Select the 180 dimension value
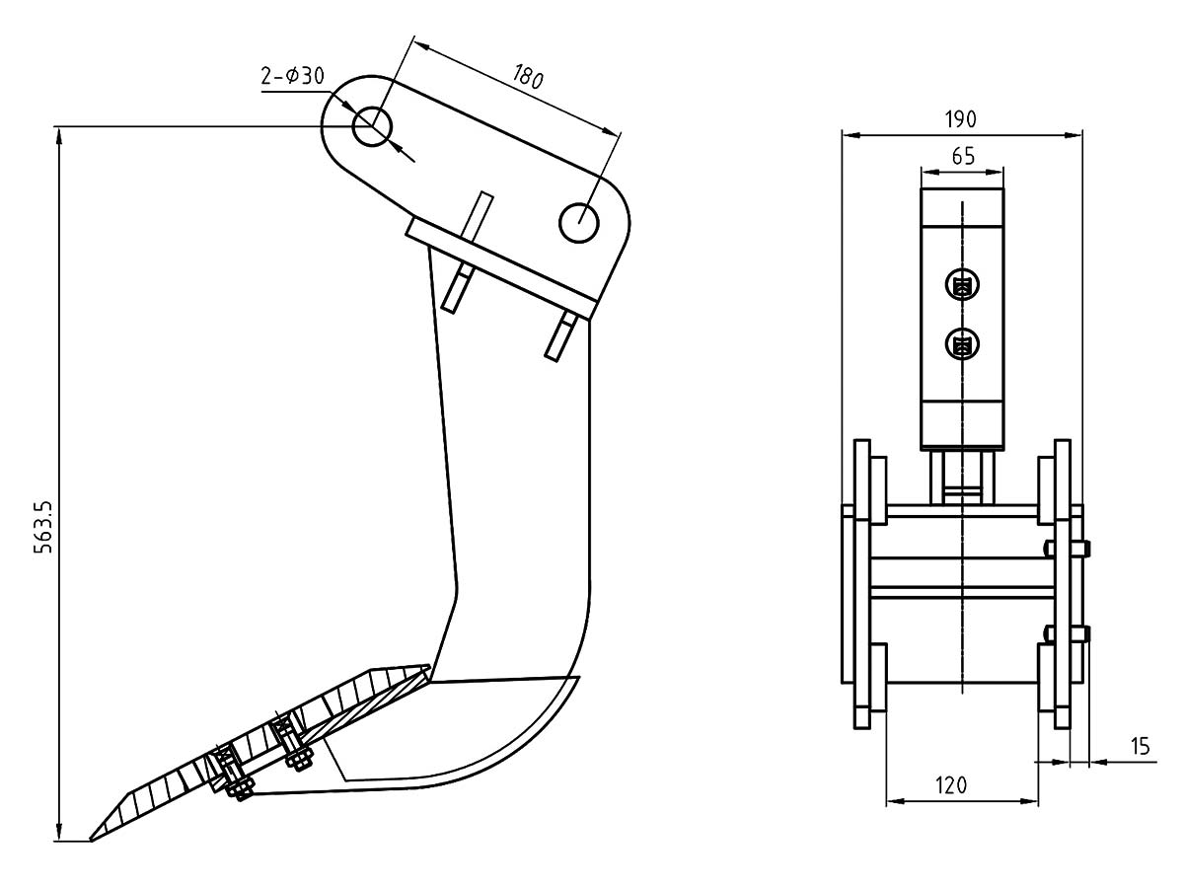coord(528,77)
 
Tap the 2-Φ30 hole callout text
coord(294,76)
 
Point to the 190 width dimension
coord(960,118)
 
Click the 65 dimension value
coord(963,156)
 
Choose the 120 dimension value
coord(950,785)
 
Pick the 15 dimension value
coord(1140,747)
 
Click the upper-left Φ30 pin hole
coord(373,126)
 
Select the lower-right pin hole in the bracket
coord(577,221)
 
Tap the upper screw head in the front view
coord(962,286)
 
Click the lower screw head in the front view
coord(962,344)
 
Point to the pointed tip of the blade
coord(92,840)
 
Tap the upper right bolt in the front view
coord(1078,548)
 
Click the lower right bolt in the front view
coord(1078,632)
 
